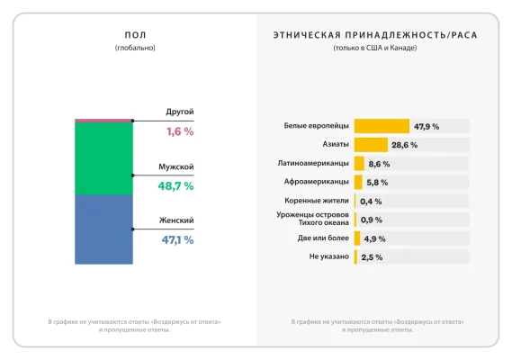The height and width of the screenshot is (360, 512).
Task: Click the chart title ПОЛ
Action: pos(135,35)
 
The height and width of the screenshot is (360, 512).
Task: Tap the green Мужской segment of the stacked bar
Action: pos(103,158)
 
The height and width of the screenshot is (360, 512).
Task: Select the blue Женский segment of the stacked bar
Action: pos(103,229)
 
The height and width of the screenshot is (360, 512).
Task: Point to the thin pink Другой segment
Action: pos(103,120)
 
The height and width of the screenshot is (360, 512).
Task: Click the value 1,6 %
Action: pos(180,131)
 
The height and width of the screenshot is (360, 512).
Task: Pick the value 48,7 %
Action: pos(176,185)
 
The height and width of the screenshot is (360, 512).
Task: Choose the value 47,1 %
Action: pos(177,240)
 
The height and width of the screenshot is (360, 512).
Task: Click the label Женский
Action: pos(176,220)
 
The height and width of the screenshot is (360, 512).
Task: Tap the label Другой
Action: pos(180,112)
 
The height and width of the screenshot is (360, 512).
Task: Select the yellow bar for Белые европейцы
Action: pos(382,126)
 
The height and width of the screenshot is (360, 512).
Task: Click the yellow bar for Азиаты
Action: pos(371,145)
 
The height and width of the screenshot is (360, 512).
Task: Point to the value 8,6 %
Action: pos(379,164)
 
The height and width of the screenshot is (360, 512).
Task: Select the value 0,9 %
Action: pos(371,220)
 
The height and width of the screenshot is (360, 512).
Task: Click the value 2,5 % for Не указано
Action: pos(373,257)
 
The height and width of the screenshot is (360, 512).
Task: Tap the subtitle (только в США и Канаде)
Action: pos(374,47)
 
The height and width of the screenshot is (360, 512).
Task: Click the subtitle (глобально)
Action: pos(135,47)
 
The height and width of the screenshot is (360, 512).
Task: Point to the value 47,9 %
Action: pos(427,127)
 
